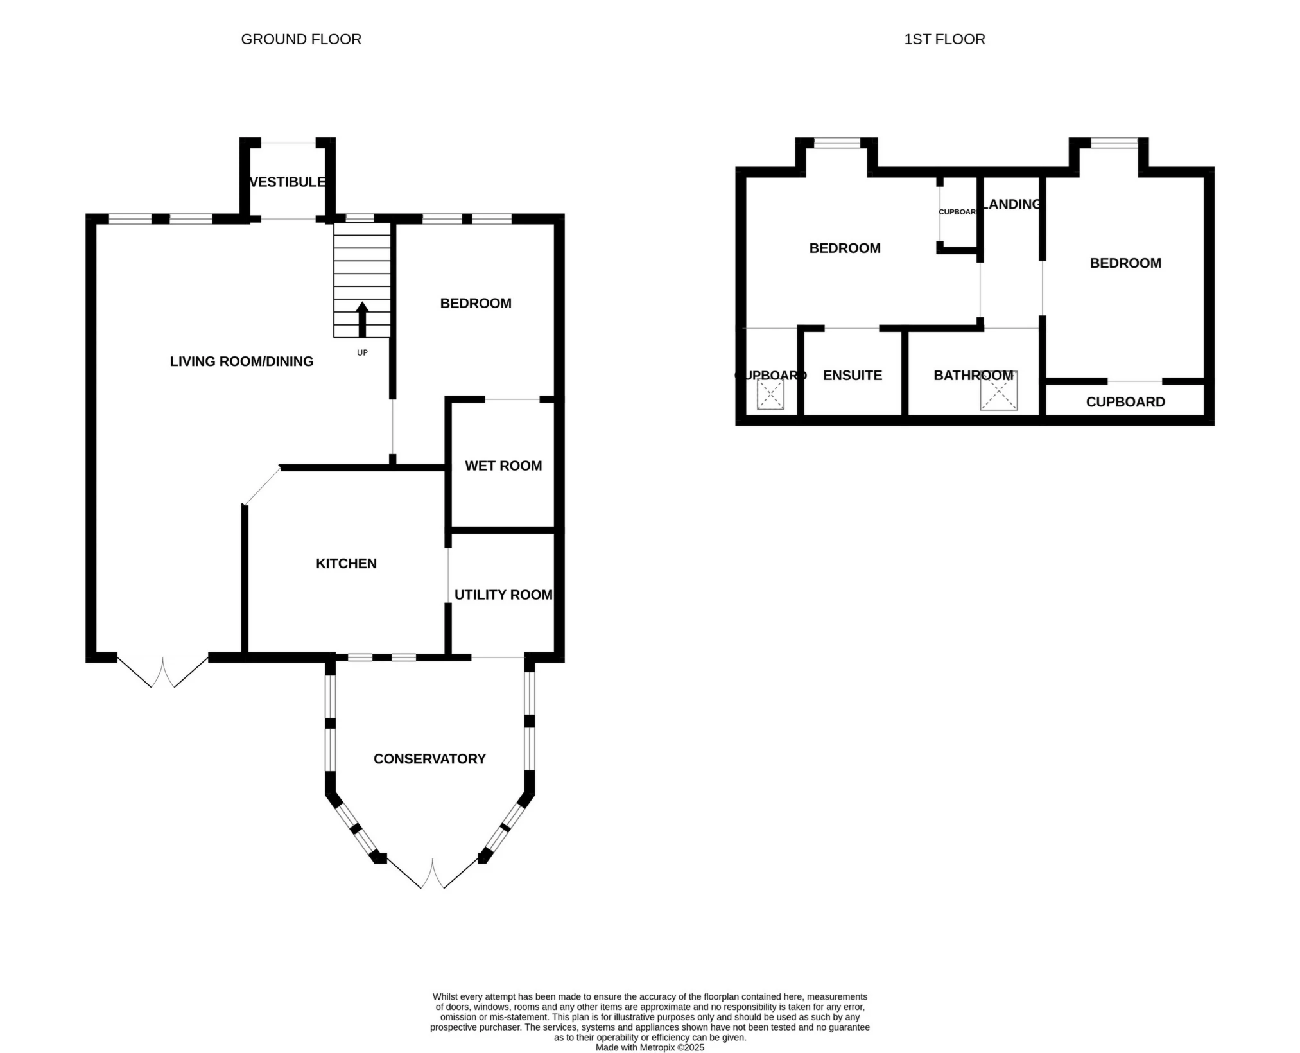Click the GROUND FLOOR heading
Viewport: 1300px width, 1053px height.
[x=301, y=40]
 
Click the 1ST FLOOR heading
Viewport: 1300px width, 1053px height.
[x=944, y=40]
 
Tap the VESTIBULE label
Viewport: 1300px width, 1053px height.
[x=287, y=182]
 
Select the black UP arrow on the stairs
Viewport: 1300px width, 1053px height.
[x=362, y=319]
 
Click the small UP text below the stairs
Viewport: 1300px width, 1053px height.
[x=362, y=353]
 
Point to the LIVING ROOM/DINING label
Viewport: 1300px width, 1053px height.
[x=241, y=361]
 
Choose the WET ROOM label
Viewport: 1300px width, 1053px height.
[x=503, y=466]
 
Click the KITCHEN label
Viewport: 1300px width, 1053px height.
[x=346, y=564]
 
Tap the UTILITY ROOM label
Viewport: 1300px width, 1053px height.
[x=503, y=595]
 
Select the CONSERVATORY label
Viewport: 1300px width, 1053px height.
[x=429, y=760]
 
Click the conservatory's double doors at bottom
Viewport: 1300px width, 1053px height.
[x=432, y=873]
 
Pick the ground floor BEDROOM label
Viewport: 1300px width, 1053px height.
[x=475, y=304]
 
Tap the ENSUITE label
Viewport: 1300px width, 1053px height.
[x=852, y=376]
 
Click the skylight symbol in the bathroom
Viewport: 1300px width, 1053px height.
[x=998, y=391]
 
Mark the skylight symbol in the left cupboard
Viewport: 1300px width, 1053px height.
[x=770, y=394]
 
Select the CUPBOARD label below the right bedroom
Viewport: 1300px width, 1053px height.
[x=1125, y=402]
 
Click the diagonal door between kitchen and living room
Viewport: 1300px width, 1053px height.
[x=262, y=485]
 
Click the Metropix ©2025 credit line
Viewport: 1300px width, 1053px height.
[x=650, y=1047]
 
